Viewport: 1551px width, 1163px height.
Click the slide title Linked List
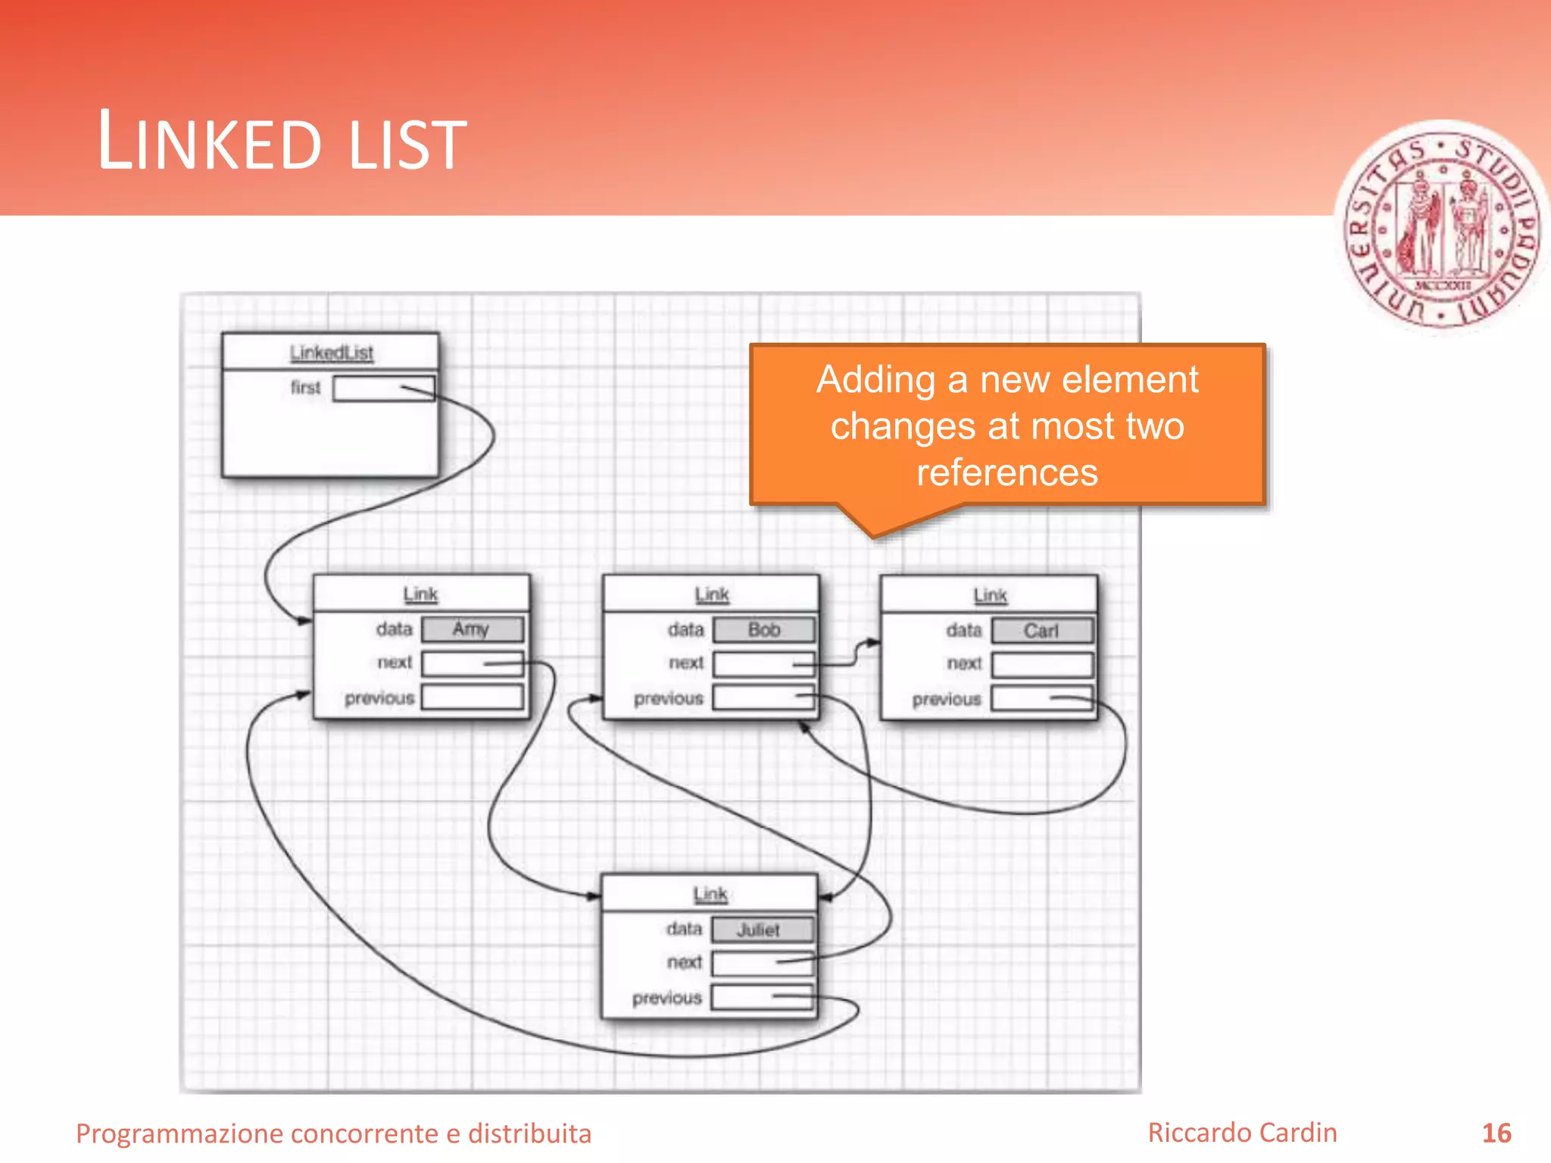coord(282,142)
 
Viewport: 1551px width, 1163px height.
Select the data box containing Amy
coord(472,629)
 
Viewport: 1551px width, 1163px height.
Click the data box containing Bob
coord(763,630)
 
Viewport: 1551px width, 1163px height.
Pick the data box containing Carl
coord(1041,631)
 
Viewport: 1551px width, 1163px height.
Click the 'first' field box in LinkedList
coord(383,388)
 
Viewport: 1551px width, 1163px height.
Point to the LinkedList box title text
coord(331,353)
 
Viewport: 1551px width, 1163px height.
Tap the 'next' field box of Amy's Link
coord(472,663)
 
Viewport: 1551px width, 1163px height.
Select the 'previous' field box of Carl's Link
coord(1041,698)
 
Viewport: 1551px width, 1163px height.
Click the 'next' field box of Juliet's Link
coord(761,963)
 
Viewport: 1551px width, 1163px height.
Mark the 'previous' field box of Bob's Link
coord(763,697)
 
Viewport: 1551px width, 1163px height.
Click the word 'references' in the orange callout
coord(1006,472)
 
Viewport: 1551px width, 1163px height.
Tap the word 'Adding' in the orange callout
coord(875,380)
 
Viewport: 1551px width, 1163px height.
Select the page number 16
coord(1496,1133)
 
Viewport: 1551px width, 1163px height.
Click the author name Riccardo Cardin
coord(1242,1133)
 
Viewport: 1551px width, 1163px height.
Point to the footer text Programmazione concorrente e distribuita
coord(333,1133)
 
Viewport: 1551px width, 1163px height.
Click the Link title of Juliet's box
coord(710,894)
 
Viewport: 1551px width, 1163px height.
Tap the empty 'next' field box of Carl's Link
coord(1041,665)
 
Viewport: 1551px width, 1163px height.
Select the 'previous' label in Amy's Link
coord(379,698)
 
